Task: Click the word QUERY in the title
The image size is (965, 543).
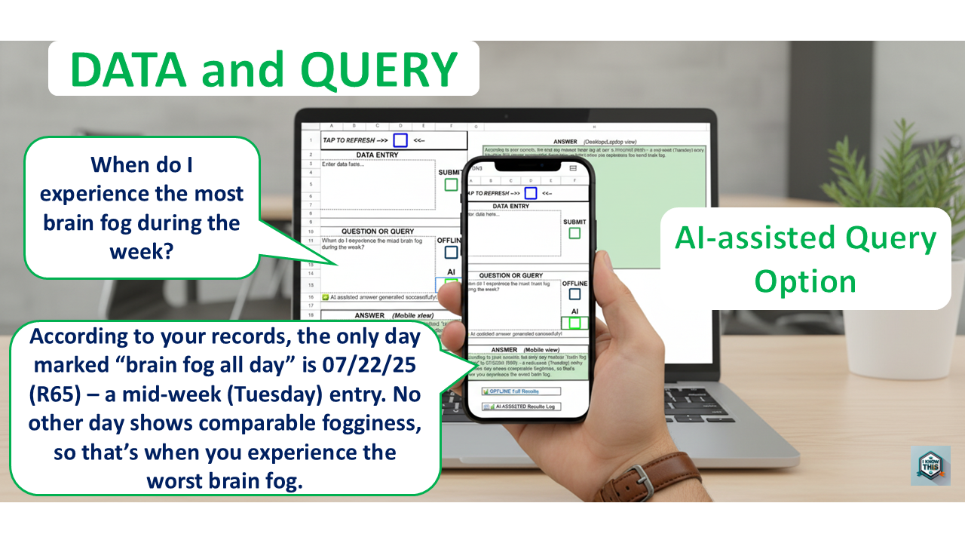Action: tap(378, 69)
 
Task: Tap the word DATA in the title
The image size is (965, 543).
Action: tap(127, 69)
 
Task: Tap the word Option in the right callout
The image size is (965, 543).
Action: tap(805, 281)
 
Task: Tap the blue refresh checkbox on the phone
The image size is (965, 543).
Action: tap(530, 192)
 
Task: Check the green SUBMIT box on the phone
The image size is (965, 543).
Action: tap(574, 233)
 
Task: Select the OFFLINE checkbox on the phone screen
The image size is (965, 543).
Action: tap(574, 294)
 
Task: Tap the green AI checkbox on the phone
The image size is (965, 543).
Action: tap(574, 323)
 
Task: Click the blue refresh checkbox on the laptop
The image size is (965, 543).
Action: tap(400, 140)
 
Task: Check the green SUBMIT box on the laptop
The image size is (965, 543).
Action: tap(451, 185)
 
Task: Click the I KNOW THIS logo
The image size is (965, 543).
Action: tap(930, 465)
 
